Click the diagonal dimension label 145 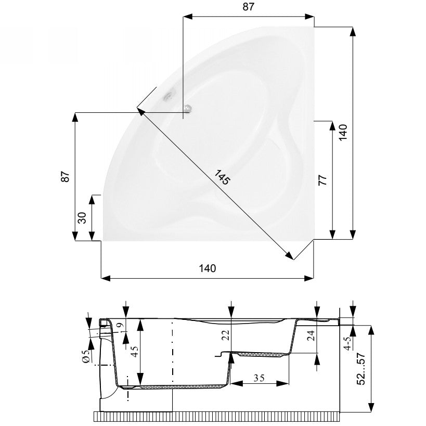coord(222,177)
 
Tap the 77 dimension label coord(322,180)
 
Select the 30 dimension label coord(82,217)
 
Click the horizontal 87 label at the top coord(248,7)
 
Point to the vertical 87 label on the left coord(65,177)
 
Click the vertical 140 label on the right coord(343,132)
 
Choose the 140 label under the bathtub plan coord(208,268)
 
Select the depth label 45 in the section coord(135,351)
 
